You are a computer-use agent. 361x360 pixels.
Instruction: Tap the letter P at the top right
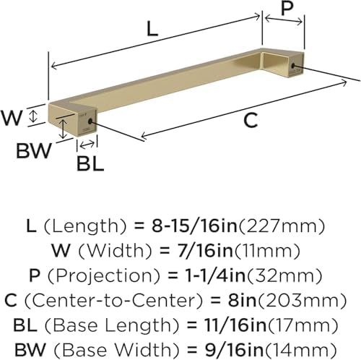click(x=287, y=7)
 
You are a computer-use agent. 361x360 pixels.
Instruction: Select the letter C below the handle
click(x=251, y=121)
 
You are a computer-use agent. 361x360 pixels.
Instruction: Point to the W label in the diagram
click(x=12, y=118)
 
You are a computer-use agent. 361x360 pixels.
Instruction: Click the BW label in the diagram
click(x=34, y=151)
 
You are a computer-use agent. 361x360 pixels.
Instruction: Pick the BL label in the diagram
click(x=90, y=164)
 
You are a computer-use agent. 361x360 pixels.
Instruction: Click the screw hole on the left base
click(x=90, y=121)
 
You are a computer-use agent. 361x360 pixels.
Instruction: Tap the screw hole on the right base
click(x=293, y=66)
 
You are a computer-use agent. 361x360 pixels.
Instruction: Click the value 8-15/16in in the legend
click(x=194, y=226)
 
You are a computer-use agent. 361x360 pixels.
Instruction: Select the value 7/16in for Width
click(x=206, y=251)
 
